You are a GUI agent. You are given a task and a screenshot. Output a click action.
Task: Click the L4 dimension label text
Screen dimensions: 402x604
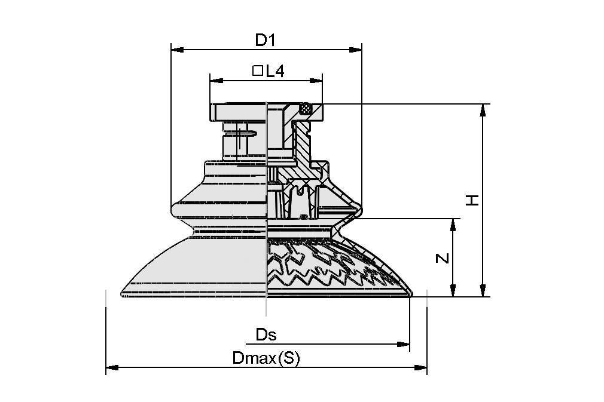[274, 72]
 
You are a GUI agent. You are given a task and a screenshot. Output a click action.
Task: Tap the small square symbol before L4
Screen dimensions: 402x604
[258, 71]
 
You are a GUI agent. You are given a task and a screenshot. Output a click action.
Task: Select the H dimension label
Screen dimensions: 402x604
[473, 200]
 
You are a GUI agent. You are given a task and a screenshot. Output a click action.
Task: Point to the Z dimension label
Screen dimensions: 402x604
[441, 258]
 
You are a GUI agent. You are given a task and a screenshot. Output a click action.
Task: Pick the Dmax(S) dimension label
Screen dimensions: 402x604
[266, 358]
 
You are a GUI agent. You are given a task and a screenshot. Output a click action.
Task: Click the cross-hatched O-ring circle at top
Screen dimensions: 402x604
[306, 109]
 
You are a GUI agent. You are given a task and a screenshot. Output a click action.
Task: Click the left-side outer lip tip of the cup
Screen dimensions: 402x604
[122, 293]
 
